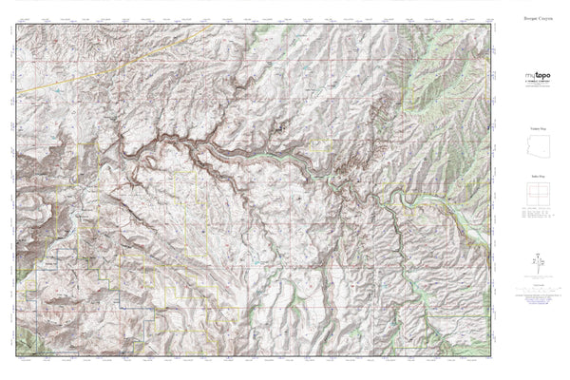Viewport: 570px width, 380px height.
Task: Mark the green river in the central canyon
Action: click(x=275, y=157)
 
